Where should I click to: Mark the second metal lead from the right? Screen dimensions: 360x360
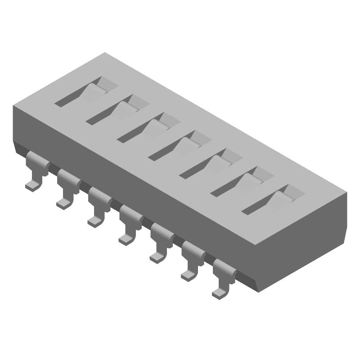click(x=193, y=258)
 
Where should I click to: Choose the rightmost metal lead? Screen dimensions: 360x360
click(x=224, y=276)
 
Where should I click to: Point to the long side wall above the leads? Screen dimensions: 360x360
click(x=135, y=180)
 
